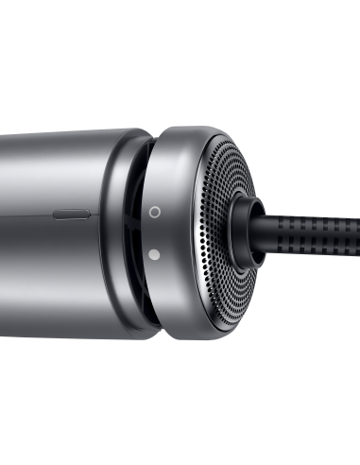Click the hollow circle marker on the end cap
click(154, 213)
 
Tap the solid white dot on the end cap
click(154, 253)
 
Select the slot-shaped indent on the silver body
click(70, 214)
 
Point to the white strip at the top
click(180, 24)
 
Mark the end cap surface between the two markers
click(154, 233)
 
